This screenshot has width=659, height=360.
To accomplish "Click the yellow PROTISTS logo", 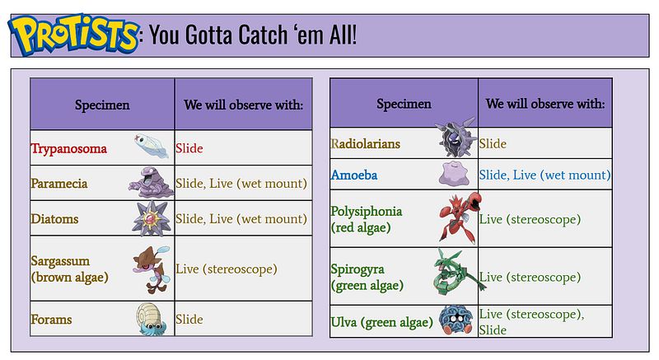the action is tap(73, 34).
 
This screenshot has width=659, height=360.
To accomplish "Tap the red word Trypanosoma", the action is tap(69, 149).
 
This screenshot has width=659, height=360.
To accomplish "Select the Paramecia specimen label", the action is tap(59, 184).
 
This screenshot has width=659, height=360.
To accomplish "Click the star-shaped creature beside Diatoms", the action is tap(152, 219).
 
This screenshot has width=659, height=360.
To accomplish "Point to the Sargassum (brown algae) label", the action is tap(70, 269).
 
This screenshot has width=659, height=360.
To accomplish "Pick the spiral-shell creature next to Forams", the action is tap(152, 319).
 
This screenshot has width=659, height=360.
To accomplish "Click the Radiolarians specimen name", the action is tap(365, 143).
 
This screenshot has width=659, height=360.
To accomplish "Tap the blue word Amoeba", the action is tap(354, 175).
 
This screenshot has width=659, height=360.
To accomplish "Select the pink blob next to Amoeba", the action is tap(454, 174).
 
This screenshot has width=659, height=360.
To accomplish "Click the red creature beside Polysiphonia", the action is tap(459, 217).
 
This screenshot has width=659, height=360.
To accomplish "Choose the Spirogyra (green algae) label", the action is tap(367, 278).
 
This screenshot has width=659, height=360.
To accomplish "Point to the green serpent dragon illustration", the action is tap(458, 272).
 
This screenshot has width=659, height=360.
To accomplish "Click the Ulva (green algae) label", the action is tap(381, 322).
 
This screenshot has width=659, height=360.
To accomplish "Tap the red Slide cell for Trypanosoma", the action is tap(189, 148).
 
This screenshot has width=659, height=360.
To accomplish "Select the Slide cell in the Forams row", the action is tap(189, 320).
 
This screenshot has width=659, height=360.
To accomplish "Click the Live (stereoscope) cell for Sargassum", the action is tap(226, 269).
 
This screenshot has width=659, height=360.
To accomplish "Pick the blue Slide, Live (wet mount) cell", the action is tap(544, 175).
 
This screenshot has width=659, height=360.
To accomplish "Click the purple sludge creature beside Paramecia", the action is tap(152, 182).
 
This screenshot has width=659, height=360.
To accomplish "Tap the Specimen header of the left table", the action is tap(102, 105).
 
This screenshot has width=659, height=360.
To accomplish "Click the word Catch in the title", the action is tap(263, 35).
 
